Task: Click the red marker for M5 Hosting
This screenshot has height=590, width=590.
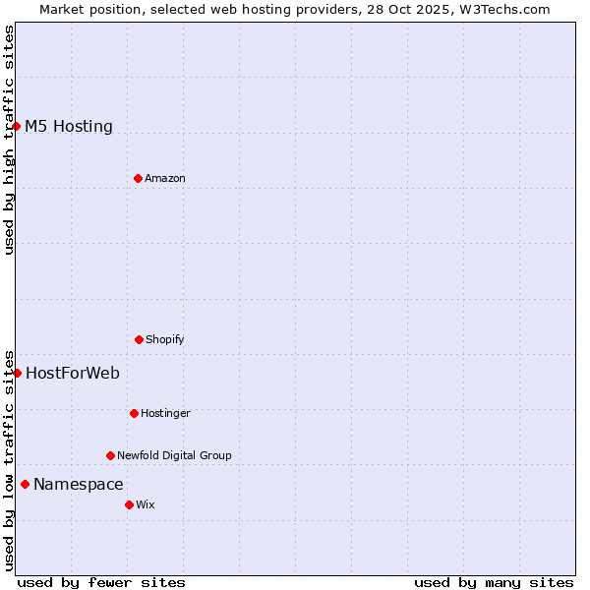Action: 17,126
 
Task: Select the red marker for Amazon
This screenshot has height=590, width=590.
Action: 138,178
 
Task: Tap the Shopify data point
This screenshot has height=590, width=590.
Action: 139,339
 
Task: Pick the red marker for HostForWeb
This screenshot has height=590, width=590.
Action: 17,373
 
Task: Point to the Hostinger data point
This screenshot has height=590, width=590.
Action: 134,413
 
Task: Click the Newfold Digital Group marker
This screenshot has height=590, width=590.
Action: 110,455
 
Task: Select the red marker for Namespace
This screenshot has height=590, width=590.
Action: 25,484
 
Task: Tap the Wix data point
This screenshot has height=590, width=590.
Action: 129,504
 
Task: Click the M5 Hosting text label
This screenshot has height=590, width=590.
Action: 69,126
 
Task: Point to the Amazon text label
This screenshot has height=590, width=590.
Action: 165,178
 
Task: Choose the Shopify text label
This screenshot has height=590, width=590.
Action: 165,339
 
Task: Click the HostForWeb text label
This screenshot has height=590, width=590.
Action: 73,373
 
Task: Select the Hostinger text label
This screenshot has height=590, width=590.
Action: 165,413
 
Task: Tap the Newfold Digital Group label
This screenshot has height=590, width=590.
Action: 174,455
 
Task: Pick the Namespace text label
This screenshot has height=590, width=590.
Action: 79,484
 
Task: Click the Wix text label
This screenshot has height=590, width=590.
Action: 146,504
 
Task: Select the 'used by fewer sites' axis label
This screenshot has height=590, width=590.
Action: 101,582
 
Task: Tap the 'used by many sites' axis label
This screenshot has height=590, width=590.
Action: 494,582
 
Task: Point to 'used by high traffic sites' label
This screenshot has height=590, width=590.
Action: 9,140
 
